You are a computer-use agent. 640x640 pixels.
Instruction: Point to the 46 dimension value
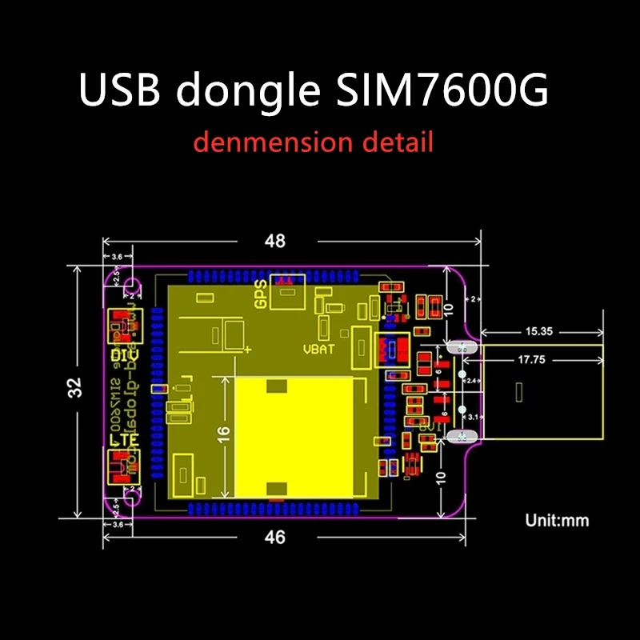(274, 538)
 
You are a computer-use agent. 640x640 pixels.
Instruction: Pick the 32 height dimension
(75, 388)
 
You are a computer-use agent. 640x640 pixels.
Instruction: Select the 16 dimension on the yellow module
(224, 434)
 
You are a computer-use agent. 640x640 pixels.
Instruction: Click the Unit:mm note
(557, 520)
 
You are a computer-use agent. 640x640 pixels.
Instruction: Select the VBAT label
(318, 349)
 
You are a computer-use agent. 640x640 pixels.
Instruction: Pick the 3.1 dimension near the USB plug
(471, 417)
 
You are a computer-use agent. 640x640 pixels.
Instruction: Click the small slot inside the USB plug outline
(522, 393)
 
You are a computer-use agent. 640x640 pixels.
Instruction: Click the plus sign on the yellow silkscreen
(249, 350)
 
